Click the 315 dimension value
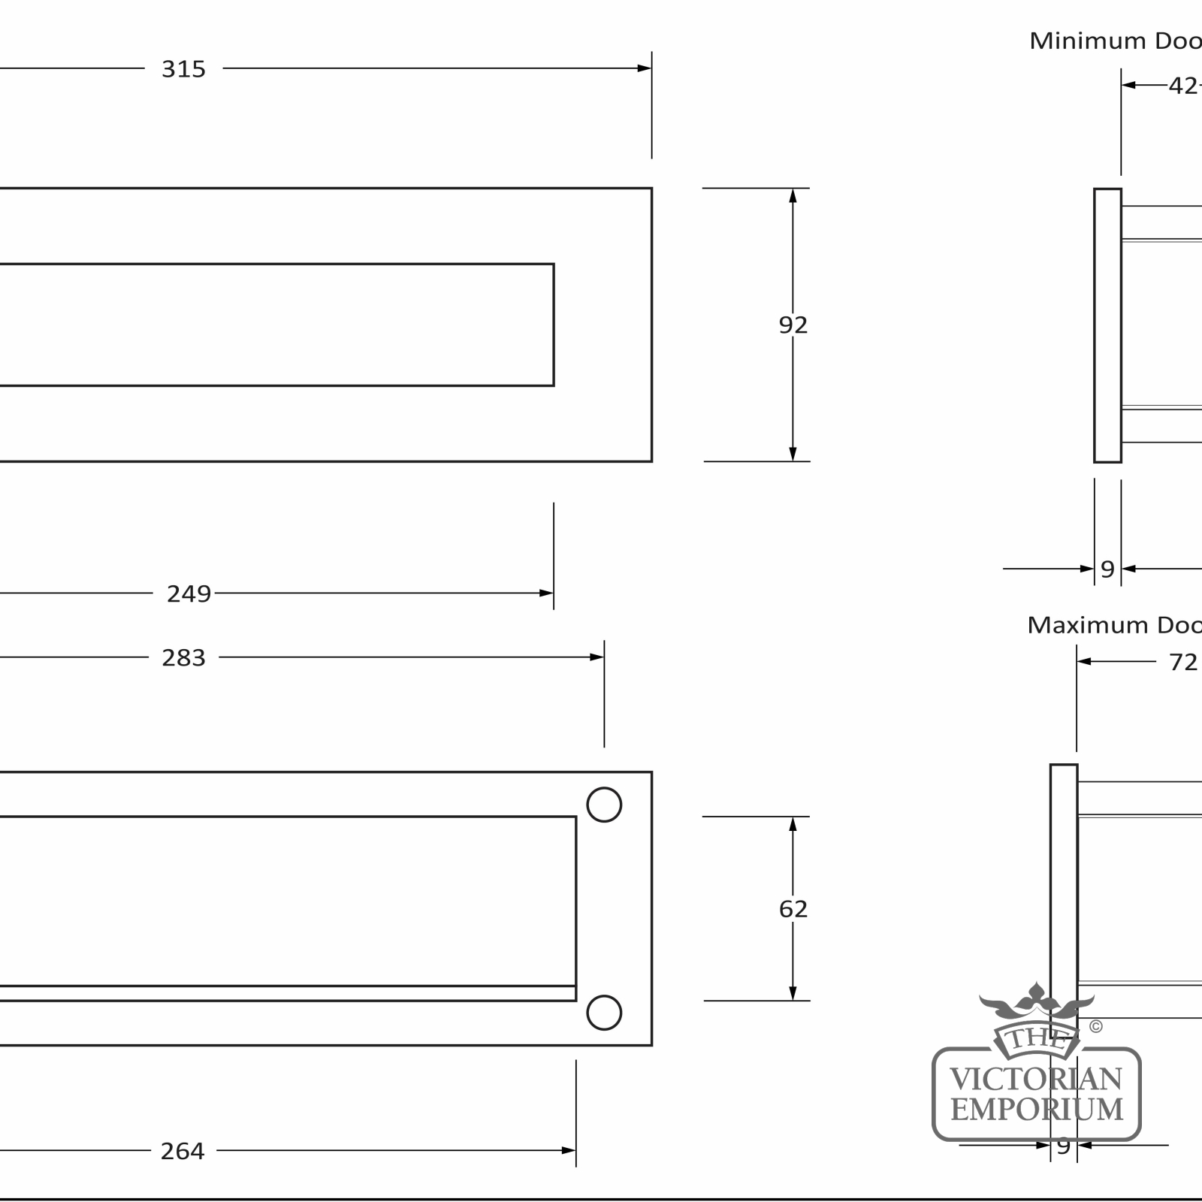point(183,69)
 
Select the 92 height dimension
point(793,325)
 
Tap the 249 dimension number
point(189,594)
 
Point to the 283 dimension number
point(183,658)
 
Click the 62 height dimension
point(793,909)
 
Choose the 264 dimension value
point(183,1151)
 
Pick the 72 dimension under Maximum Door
point(1183,662)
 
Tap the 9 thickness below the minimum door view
point(1107,569)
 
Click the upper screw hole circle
point(604,805)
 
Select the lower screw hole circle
point(604,1013)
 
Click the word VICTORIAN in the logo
point(1037,1080)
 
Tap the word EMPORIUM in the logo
point(1037,1110)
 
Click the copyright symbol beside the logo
point(1096,1026)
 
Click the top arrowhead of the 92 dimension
point(793,195)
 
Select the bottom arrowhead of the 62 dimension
point(793,993)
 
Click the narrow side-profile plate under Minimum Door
point(1107,325)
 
